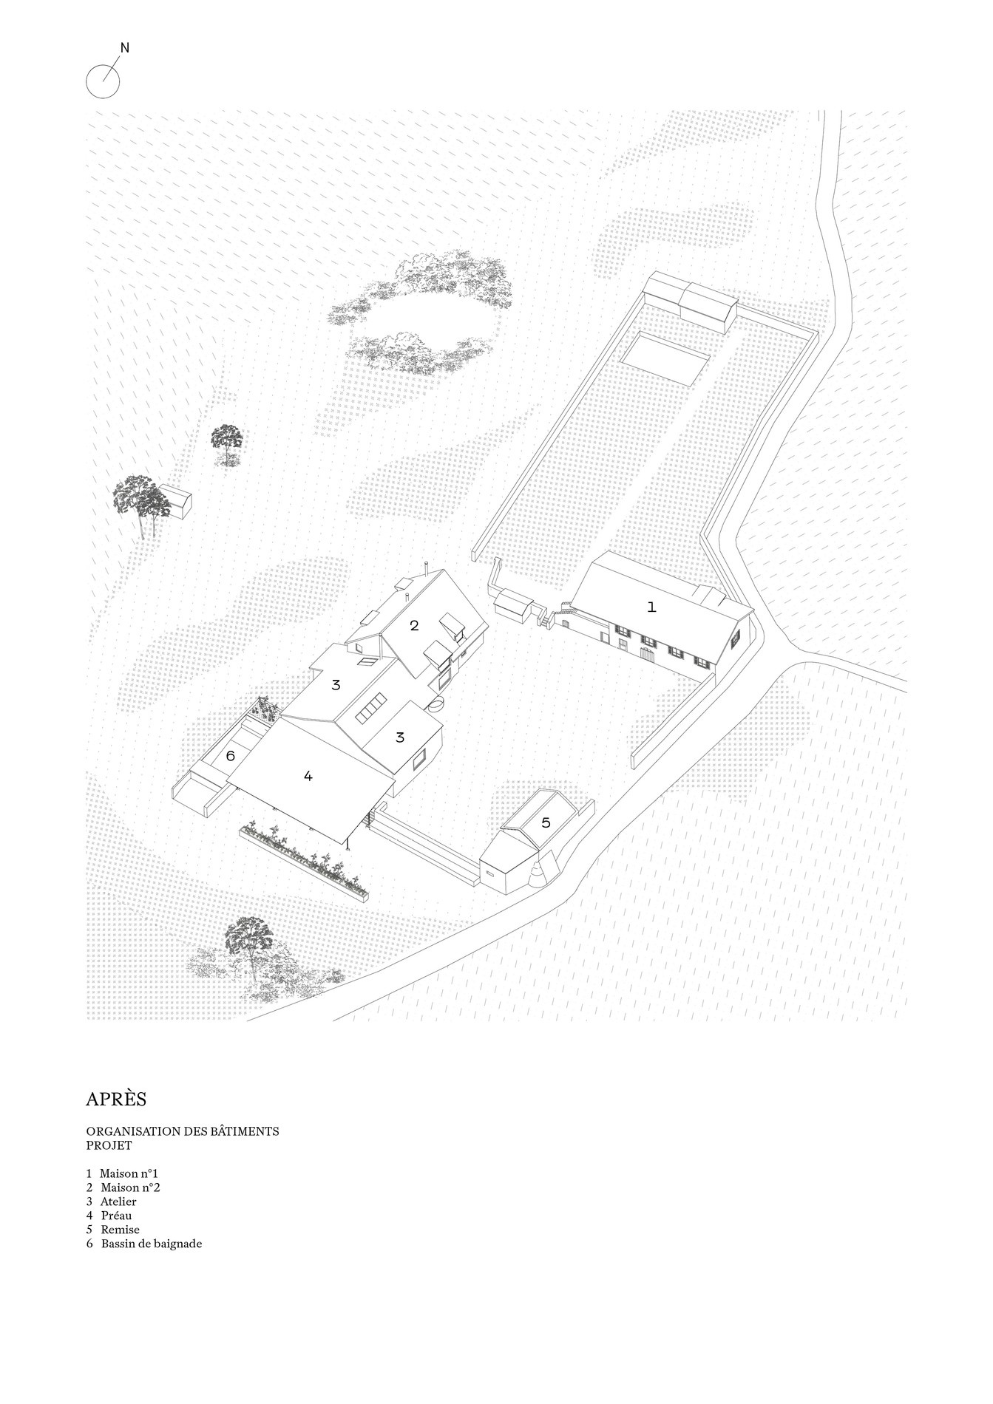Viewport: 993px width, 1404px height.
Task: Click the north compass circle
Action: [x=103, y=81]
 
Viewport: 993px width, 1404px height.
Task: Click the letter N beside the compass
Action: [x=125, y=48]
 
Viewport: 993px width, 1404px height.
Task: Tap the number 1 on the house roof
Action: [x=651, y=607]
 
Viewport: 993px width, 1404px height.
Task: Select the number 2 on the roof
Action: [x=414, y=625]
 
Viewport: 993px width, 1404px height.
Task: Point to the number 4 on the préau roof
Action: [x=308, y=776]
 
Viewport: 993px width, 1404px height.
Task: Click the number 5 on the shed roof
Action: [x=546, y=822]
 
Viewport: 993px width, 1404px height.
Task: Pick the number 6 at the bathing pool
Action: [x=230, y=756]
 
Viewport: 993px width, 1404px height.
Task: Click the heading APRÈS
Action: [x=116, y=1099]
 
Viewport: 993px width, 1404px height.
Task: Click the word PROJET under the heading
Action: [x=109, y=1145]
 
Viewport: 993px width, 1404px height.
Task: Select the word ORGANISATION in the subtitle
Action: [x=130, y=1131]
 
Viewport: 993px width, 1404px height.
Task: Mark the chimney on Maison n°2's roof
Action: [x=427, y=568]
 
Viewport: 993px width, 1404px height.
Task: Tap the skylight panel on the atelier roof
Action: [x=372, y=707]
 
